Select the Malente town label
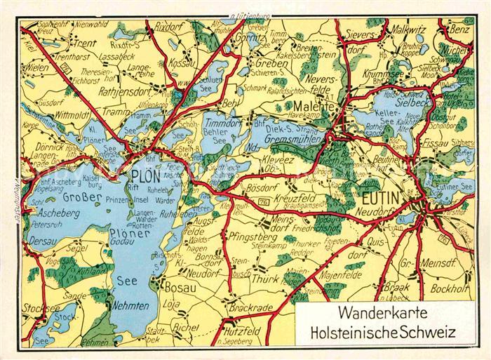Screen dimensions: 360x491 (x=303, y=106)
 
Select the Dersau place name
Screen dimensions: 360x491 (x=42, y=241)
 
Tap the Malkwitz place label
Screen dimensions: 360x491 (x=410, y=30)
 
